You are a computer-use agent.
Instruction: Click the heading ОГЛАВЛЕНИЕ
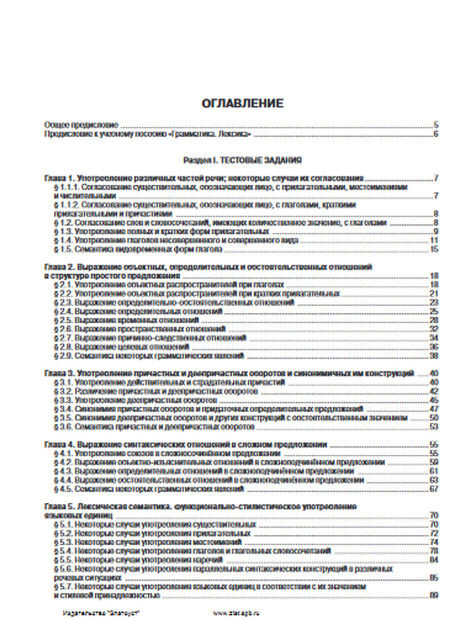pos(242,103)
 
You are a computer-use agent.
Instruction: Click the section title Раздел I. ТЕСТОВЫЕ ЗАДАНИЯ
pos(242,160)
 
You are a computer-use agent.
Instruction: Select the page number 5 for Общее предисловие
pos(436,125)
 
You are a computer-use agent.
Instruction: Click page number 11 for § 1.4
pos(434,240)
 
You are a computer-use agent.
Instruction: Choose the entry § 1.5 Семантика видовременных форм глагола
pos(138,249)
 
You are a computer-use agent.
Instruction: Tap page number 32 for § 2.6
pos(434,329)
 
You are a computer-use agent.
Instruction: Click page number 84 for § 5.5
pos(434,560)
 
